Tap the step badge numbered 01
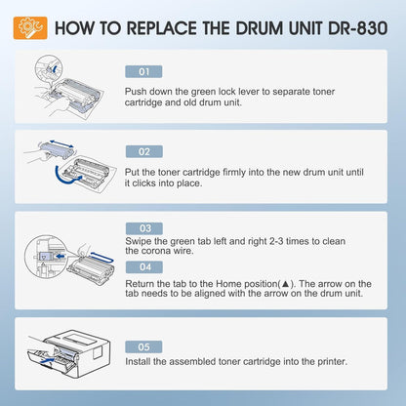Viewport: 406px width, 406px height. coord(142,71)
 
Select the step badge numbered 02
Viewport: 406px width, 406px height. coord(142,151)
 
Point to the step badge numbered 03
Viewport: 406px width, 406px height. coord(142,227)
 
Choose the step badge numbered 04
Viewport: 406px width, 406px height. coord(142,265)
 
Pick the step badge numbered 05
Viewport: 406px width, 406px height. coord(142,345)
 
